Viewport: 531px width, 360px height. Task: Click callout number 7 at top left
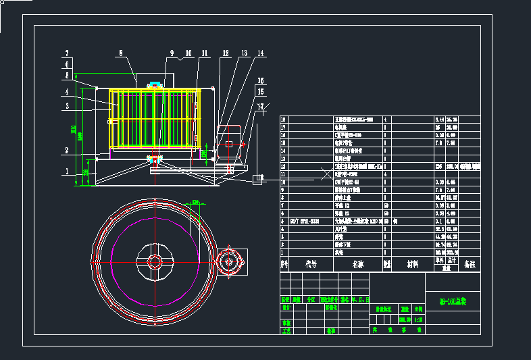tap(67, 53)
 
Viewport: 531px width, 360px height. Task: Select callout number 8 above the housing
tap(121, 52)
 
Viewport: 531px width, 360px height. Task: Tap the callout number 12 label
tap(226, 53)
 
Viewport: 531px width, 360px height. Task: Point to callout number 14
tap(260, 53)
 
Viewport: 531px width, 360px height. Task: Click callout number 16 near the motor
tap(260, 80)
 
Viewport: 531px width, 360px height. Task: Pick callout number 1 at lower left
tap(67, 172)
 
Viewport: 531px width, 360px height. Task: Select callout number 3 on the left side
tap(67, 106)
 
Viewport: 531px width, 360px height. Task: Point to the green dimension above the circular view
tap(197, 201)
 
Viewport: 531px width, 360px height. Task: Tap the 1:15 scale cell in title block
tap(418, 319)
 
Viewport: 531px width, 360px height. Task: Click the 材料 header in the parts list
tap(412, 265)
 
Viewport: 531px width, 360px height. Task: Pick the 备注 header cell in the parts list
tap(470, 265)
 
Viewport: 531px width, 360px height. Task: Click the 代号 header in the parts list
tap(310, 265)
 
